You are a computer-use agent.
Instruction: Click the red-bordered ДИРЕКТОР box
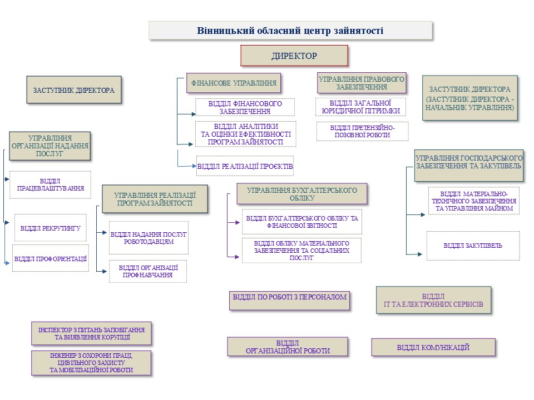(294, 56)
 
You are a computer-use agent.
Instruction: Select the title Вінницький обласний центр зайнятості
(290, 31)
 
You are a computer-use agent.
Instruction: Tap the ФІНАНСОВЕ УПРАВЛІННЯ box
(234, 83)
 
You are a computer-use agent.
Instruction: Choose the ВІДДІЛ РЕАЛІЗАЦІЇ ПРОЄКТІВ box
(245, 166)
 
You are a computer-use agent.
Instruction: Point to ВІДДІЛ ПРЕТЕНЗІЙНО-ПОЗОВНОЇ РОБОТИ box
(362, 131)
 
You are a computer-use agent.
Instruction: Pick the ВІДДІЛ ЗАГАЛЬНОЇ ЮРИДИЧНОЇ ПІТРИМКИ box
(360, 107)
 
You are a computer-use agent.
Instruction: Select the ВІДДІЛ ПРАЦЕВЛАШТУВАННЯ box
(50, 185)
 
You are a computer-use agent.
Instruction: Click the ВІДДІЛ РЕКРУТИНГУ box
(50, 228)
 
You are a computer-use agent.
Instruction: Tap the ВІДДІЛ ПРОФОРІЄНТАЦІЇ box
(50, 258)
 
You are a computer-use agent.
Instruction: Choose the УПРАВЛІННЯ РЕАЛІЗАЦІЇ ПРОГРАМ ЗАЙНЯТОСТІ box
(155, 199)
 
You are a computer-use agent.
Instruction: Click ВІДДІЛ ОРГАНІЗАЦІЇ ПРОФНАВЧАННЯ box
(147, 271)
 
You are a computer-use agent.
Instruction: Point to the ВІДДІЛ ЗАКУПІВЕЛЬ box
(473, 246)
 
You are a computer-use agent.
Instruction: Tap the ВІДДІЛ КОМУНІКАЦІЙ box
(433, 347)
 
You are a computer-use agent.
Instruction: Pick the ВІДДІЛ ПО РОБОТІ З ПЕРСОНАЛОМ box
(289, 297)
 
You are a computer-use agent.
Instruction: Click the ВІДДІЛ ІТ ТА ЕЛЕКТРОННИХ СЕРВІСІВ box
(433, 301)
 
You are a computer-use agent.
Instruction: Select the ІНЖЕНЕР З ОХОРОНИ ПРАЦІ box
(91, 362)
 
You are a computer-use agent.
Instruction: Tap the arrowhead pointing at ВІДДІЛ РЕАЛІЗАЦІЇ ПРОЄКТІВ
(194, 165)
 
